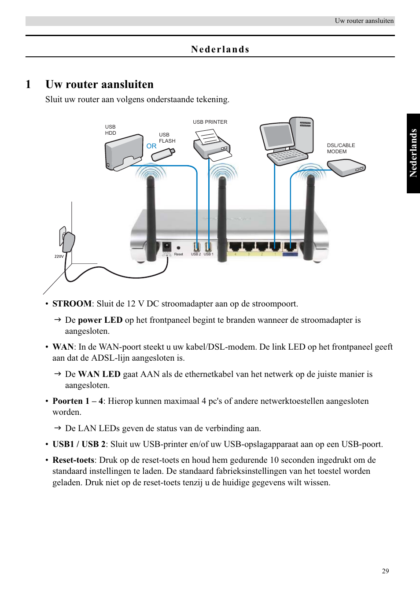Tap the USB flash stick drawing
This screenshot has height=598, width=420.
click(x=165, y=154)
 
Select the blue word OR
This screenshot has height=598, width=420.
click(x=151, y=146)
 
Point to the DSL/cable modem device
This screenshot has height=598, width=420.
click(x=346, y=167)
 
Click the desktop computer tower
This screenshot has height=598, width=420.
click(x=302, y=135)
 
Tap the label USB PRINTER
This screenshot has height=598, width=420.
click(x=210, y=122)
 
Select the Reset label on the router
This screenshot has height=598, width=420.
click(x=178, y=254)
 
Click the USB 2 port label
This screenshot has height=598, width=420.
click(x=196, y=254)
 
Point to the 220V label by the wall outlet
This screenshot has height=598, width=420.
click(x=59, y=256)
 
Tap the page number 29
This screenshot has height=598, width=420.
click(x=385, y=571)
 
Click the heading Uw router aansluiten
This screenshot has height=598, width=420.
click(x=99, y=85)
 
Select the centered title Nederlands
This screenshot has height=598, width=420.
click(x=220, y=49)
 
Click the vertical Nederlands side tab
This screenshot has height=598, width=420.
click(x=413, y=153)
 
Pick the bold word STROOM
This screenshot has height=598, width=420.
click(x=72, y=304)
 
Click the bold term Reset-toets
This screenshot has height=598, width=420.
click(x=73, y=460)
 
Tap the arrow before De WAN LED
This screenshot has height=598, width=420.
click(x=57, y=374)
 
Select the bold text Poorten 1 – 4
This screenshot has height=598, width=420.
click(x=77, y=401)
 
